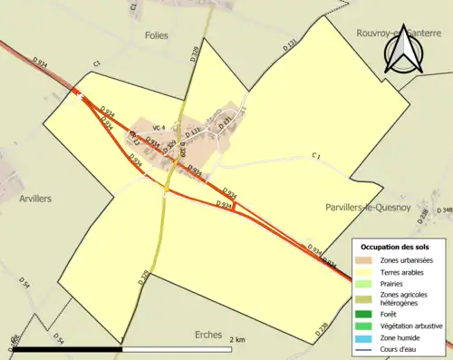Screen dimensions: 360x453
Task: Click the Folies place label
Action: [156, 35]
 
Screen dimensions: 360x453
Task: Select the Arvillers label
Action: [35, 198]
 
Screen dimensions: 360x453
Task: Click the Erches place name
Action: [209, 335]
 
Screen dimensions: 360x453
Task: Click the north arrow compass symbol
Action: [404, 50]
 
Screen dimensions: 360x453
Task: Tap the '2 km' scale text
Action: [237, 338]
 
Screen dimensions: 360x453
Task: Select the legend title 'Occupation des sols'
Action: [394, 247]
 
